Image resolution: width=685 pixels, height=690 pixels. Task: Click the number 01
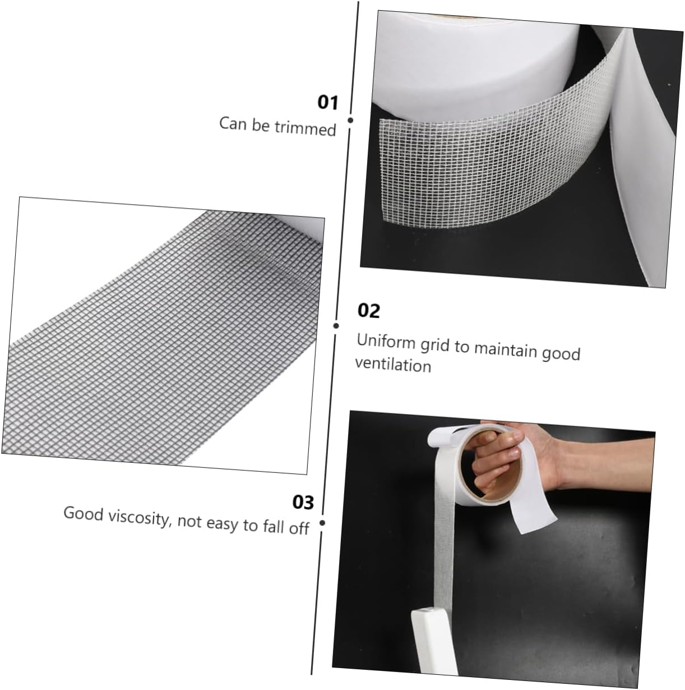pyautogui.click(x=328, y=103)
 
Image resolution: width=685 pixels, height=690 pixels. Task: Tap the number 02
pyautogui.click(x=368, y=310)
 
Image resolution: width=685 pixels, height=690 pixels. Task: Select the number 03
pyautogui.click(x=303, y=502)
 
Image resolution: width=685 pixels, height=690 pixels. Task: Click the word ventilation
pyautogui.click(x=393, y=365)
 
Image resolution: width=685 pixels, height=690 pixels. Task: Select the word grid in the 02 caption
pyautogui.click(x=436, y=344)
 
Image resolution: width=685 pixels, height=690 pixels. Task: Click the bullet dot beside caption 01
pyautogui.click(x=350, y=120)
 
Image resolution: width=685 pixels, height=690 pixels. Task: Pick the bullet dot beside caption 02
pyautogui.click(x=336, y=325)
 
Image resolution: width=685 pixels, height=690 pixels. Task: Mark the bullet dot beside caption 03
pyautogui.click(x=322, y=523)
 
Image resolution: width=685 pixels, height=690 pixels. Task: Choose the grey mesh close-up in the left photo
pyautogui.click(x=157, y=337)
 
